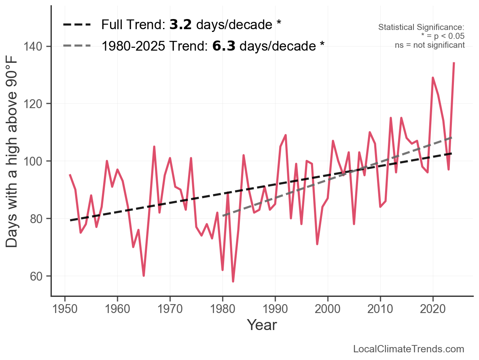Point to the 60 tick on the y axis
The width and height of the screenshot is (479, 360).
point(37,276)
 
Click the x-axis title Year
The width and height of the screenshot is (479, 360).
point(262,325)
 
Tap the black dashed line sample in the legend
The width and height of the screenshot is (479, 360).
point(77,25)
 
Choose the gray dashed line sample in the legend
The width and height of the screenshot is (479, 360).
point(77,46)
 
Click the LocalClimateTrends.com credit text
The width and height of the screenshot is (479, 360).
point(409,349)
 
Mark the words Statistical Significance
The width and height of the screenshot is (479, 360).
point(421,28)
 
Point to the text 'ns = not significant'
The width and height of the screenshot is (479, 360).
point(430,45)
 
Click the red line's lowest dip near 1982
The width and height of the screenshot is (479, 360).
point(233,281)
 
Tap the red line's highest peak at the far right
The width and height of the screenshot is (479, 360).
point(454,63)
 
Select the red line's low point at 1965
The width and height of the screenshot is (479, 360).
point(144,276)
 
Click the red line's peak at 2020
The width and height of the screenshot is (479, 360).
point(433,78)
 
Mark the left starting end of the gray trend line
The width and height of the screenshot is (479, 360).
point(223,215)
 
